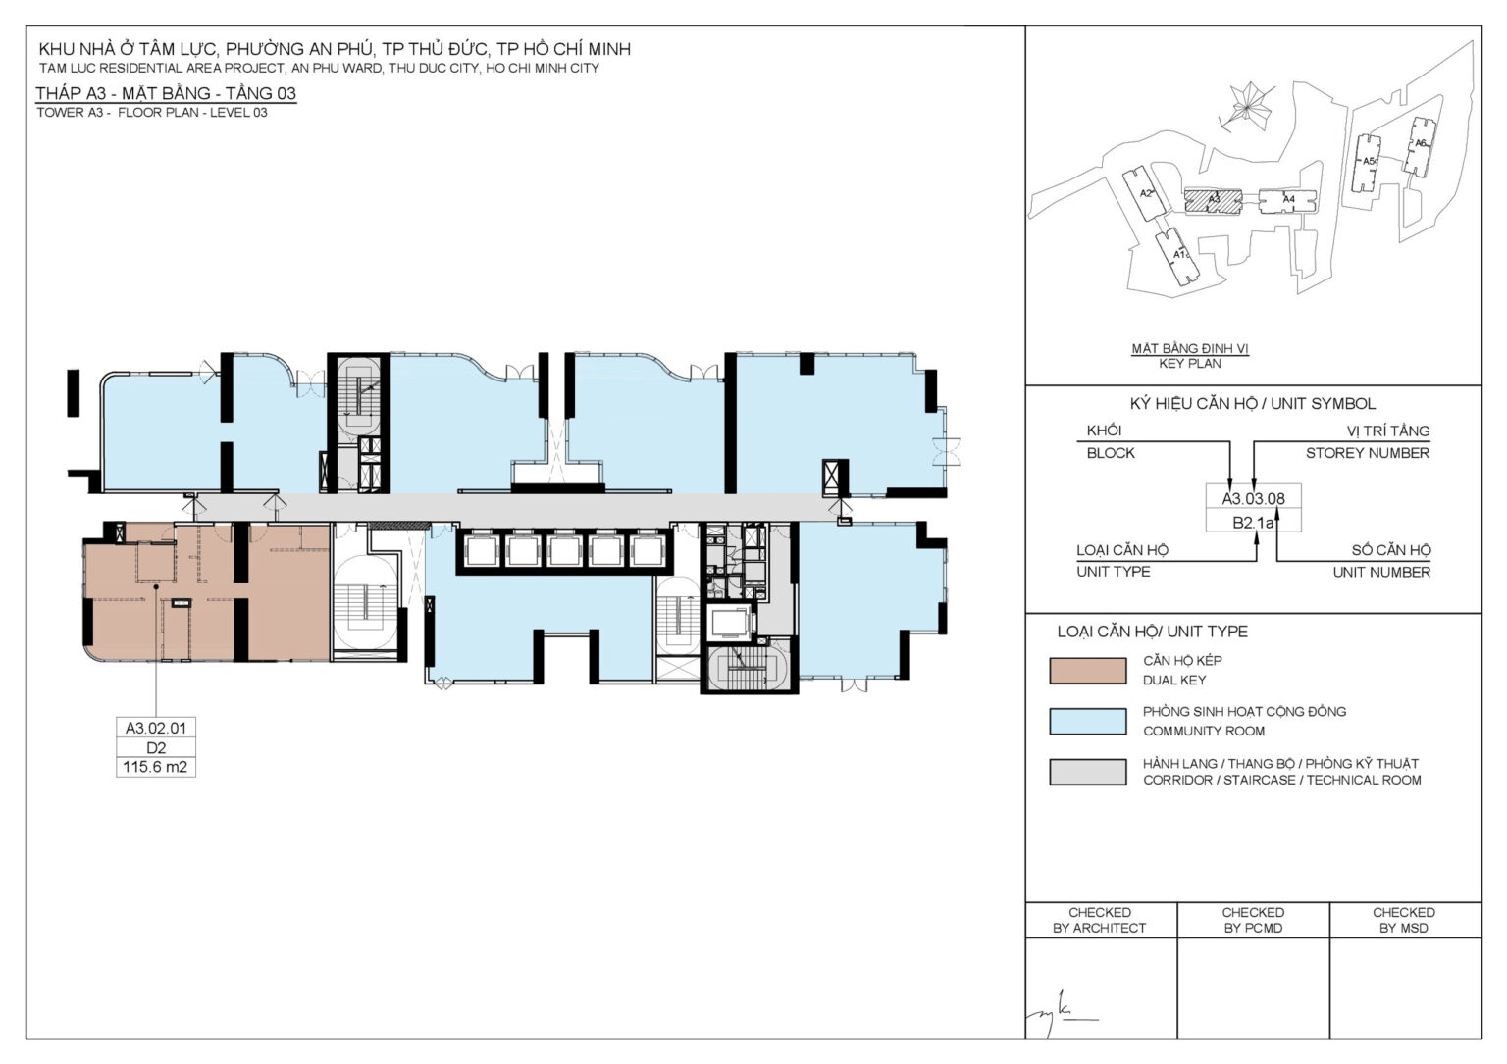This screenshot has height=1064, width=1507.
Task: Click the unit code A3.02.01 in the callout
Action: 156,728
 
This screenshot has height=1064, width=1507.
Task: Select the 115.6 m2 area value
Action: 155,767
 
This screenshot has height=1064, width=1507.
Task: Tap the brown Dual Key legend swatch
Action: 1088,671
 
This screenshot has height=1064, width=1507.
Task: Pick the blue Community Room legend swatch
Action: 1088,722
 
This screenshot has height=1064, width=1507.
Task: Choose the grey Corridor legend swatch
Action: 1088,772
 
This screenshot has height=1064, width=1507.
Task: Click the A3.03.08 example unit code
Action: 1253,499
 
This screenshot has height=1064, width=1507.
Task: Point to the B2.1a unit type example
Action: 1253,522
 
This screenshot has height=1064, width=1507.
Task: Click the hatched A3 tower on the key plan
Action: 1214,200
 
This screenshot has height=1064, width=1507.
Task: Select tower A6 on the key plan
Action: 1421,147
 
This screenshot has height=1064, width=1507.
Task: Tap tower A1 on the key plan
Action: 1177,257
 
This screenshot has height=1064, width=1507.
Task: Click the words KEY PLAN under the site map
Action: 1189,364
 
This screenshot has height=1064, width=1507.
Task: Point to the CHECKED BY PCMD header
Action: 1253,920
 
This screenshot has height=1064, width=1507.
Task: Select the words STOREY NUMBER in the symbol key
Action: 1367,453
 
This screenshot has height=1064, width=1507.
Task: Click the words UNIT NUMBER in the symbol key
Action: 1381,573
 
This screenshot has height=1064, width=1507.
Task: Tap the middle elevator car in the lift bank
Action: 564,551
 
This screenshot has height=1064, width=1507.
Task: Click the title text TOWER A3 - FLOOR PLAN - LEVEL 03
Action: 152,113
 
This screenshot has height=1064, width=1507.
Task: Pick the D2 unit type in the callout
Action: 156,748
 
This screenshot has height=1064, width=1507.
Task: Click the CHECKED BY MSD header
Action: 1404,920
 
